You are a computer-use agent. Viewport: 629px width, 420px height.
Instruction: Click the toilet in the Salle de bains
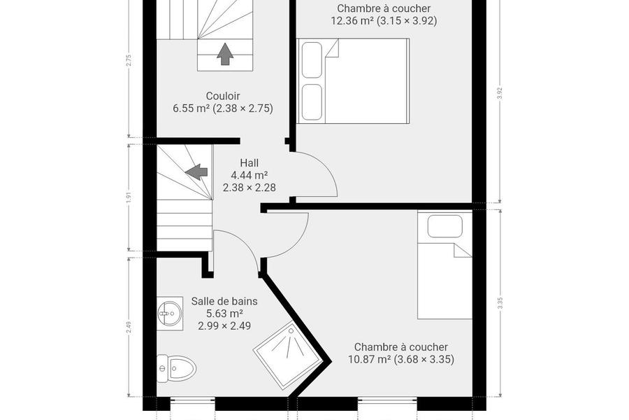(x=176, y=368)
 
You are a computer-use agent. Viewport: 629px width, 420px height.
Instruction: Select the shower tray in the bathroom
(x=288, y=356)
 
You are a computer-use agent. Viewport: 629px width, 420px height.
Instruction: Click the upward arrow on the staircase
(x=225, y=54)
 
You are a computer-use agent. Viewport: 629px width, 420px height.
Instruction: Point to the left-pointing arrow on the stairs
(x=196, y=171)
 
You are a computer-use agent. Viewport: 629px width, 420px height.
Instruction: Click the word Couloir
(x=223, y=96)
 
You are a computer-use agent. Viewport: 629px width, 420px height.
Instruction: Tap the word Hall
(x=249, y=163)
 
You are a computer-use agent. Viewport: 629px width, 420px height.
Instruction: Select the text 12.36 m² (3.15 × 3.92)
(x=384, y=21)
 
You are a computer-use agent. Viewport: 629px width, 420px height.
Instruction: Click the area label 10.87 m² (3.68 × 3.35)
(x=401, y=359)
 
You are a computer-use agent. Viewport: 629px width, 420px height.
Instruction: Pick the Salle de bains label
(x=224, y=301)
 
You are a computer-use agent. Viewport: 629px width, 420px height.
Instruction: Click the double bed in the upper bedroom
(x=353, y=80)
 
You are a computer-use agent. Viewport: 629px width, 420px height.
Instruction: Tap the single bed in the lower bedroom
(x=445, y=265)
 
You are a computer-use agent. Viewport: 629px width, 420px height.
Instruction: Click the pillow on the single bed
(x=445, y=226)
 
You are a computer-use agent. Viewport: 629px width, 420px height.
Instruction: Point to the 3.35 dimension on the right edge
(x=500, y=303)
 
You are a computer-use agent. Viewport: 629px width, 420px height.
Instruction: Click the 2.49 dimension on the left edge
(x=129, y=327)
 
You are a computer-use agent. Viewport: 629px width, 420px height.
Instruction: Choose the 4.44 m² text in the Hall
(x=249, y=175)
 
